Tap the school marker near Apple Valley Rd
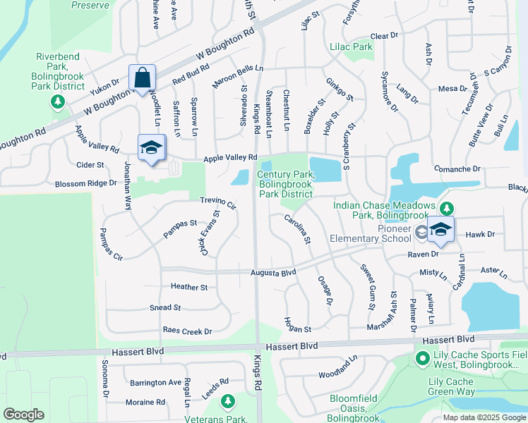coord(152,147)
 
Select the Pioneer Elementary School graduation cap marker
coord(441,230)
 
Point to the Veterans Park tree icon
coord(227,402)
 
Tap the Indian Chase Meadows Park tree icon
coord(446,209)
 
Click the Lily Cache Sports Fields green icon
coord(423,360)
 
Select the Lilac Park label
coord(351,47)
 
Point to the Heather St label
coord(189,287)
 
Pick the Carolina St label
coord(298,230)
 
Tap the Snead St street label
coord(165,308)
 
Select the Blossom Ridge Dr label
coord(85,183)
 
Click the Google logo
coord(23,415)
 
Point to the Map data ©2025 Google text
coord(484,417)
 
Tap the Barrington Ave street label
coord(155,382)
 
